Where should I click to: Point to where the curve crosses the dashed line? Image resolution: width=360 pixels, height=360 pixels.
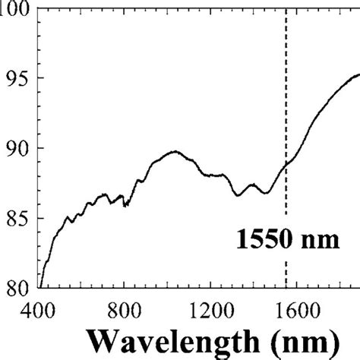pyautogui.click(x=286, y=163)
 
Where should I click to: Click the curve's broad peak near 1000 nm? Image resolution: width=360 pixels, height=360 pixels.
pyautogui.click(x=174, y=151)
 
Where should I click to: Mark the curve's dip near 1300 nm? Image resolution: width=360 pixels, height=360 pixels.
pyautogui.click(x=238, y=195)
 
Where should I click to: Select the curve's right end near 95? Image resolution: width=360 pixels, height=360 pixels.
pyautogui.click(x=358, y=74)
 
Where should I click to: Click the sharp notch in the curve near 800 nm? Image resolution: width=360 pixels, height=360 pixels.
pyautogui.click(x=125, y=205)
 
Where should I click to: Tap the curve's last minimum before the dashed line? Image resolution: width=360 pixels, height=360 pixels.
pyautogui.click(x=265, y=193)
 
